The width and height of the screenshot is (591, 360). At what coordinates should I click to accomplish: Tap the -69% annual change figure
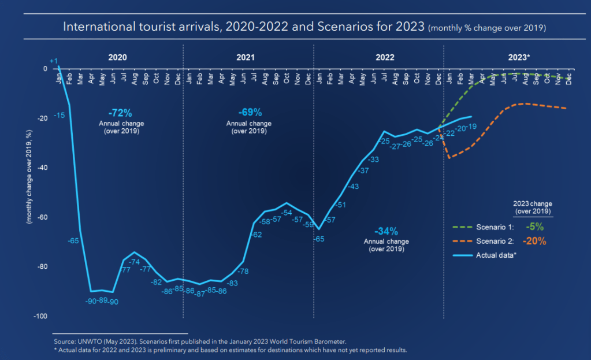(250, 112)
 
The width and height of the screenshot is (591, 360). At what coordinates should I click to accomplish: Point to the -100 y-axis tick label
(40, 317)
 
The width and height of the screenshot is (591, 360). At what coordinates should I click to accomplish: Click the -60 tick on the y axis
(42, 218)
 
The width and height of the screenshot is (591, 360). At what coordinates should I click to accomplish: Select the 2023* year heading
(519, 58)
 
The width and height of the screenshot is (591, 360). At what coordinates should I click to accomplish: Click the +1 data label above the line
(54, 61)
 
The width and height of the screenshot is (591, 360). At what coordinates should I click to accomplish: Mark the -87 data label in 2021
(200, 294)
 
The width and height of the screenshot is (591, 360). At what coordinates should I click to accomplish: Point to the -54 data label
(286, 213)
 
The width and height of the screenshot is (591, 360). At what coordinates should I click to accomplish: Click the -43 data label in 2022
(353, 186)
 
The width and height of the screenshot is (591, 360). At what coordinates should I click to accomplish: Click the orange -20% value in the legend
(534, 242)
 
